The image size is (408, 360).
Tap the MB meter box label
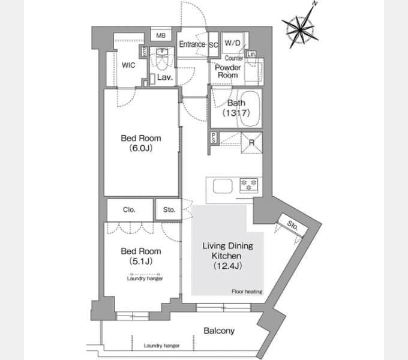click(x=161, y=35)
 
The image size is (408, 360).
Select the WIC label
click(x=128, y=65)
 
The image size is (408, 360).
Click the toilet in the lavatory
click(x=162, y=59)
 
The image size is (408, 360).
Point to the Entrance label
click(x=192, y=44)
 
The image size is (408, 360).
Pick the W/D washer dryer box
click(x=232, y=43)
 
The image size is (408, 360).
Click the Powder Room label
click(x=227, y=71)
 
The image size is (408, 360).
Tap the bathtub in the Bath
click(x=250, y=109)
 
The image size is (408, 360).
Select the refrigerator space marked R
click(x=251, y=143)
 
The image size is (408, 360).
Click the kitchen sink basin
click(x=223, y=186)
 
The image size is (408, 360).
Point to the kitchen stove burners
click(x=249, y=185)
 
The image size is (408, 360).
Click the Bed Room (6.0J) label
click(x=141, y=143)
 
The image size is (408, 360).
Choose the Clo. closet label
click(x=129, y=209)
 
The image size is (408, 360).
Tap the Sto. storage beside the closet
click(x=169, y=209)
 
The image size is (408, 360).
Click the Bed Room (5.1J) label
click(x=141, y=256)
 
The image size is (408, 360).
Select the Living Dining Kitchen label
click(x=227, y=256)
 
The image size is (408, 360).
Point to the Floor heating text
click(x=247, y=292)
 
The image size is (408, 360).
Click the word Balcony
click(x=219, y=331)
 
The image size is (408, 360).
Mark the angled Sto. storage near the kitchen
click(x=292, y=225)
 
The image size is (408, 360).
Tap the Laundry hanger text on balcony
click(x=161, y=346)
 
